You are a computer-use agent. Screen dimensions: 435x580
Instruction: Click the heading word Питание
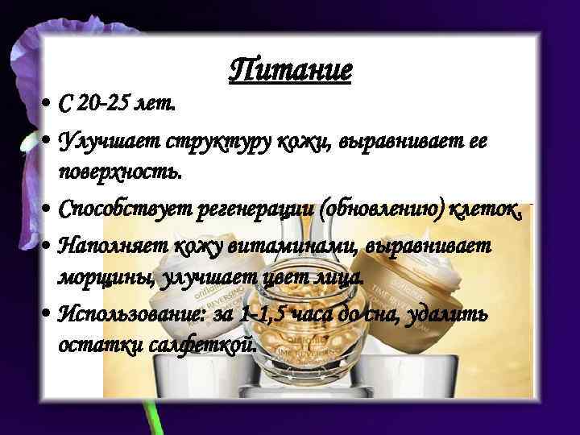[291, 70]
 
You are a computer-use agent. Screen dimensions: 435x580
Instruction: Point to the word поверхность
[120, 171]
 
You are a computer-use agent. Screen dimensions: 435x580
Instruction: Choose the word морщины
[96, 278]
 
